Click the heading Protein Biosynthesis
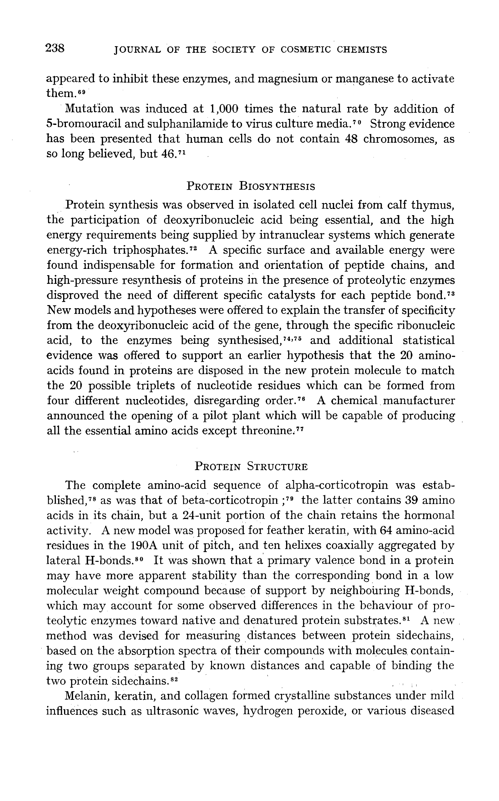250,186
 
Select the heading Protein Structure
251,467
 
